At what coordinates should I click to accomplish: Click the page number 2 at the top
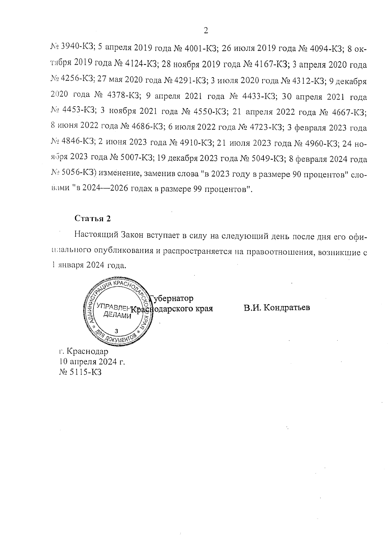point(206,31)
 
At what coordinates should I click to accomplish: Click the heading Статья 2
point(93,218)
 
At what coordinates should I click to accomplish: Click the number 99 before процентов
point(198,190)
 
